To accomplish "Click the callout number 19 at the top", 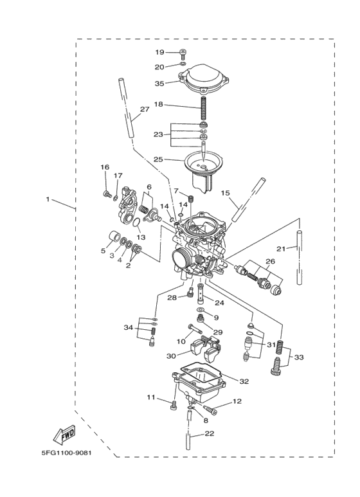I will (159, 52).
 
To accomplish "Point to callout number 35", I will (159, 82).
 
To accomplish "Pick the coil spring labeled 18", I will (204, 105).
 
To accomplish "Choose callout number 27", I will (144, 109).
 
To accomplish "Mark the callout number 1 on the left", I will (48, 200).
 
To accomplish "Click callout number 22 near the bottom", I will (209, 434).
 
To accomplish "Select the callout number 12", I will (237, 401).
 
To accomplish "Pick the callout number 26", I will (270, 261).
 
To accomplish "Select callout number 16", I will (105, 168).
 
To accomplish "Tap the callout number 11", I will (151, 398).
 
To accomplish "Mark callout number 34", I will (129, 328).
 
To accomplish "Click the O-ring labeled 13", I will (136, 223).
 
